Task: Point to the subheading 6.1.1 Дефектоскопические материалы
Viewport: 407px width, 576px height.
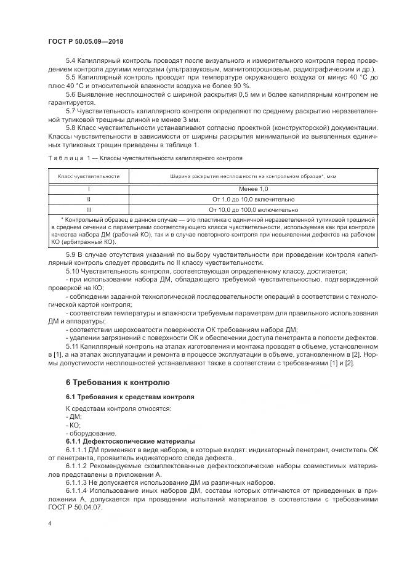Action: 130,442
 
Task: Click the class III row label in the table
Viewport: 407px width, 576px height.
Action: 89,209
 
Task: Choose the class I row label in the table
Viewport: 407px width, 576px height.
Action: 89,189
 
